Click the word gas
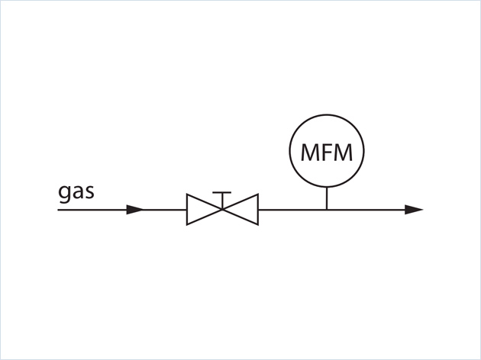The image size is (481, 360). (x=76, y=191)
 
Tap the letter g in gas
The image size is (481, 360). (x=65, y=192)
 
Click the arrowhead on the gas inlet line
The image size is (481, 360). (x=134, y=209)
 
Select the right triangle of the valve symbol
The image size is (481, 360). (x=244, y=209)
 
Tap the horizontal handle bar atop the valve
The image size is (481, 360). (x=222, y=193)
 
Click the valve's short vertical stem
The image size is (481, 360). (x=222, y=201)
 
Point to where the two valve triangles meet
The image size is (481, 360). (x=222, y=209)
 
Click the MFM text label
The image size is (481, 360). (x=327, y=153)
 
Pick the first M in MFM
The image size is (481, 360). (x=311, y=153)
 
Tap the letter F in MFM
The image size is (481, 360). (x=327, y=153)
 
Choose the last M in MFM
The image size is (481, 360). (x=343, y=153)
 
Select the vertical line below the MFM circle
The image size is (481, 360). (x=327, y=198)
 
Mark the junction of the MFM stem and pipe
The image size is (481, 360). (x=327, y=209)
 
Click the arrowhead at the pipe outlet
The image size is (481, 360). (x=414, y=209)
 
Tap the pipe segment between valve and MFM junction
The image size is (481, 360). (x=292, y=209)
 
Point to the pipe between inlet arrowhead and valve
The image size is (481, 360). (x=165, y=209)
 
